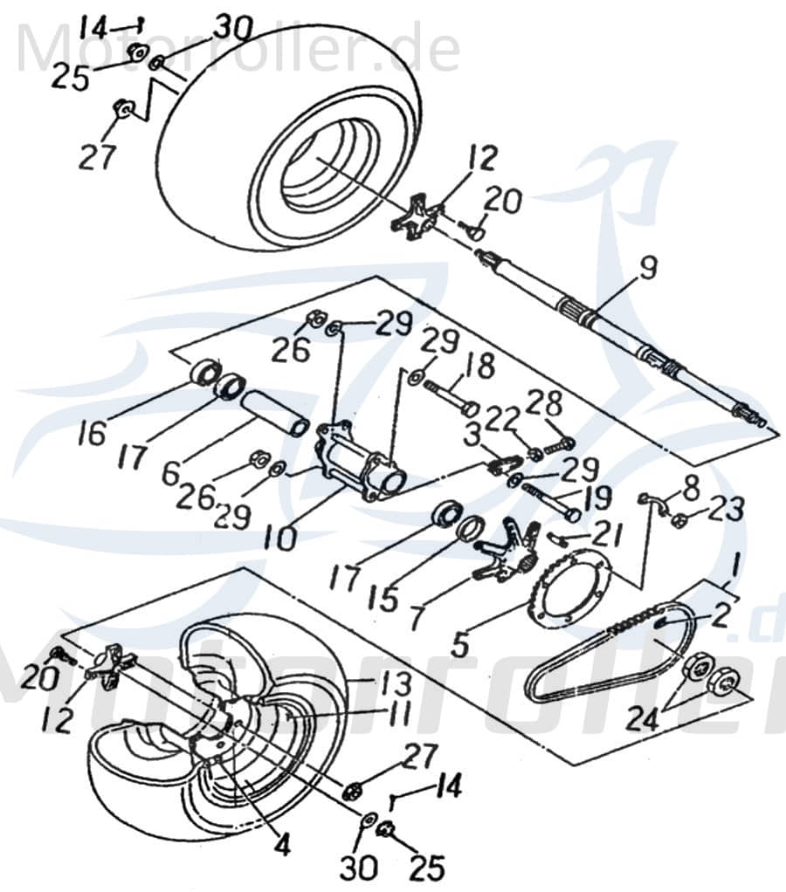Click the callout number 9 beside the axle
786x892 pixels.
[646, 270]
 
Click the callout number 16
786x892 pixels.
[90, 433]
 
